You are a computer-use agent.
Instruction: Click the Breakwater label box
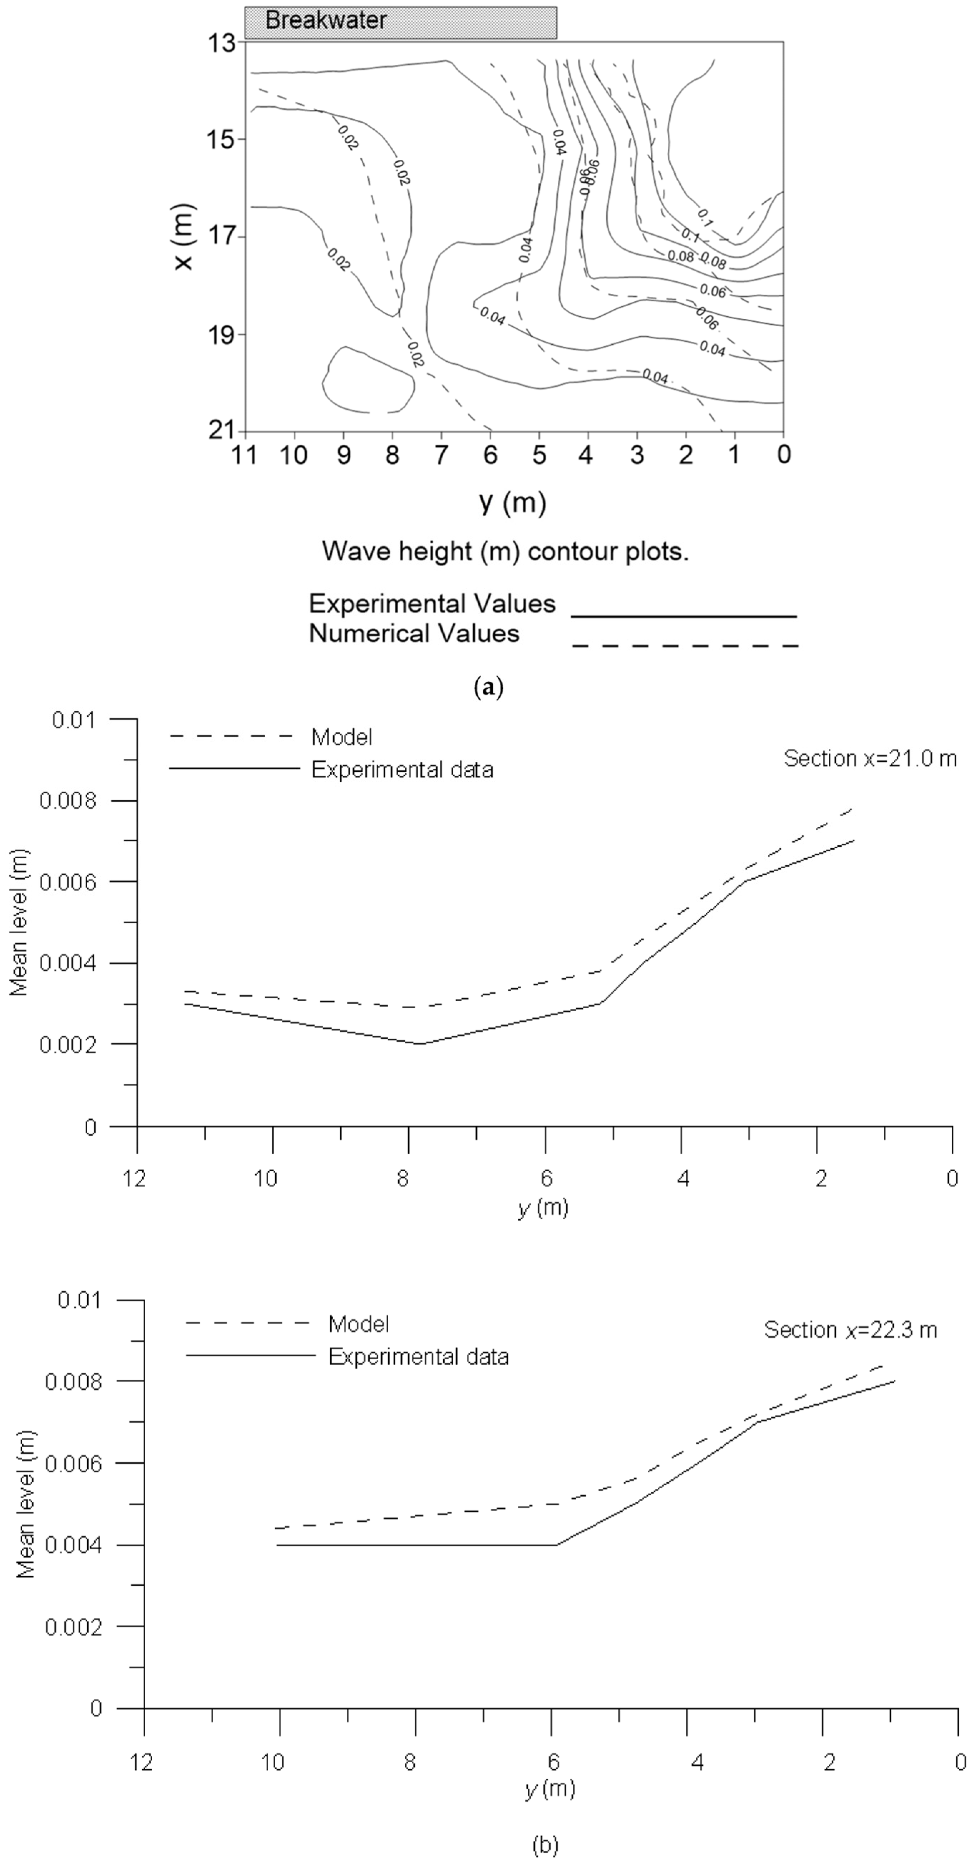[x=400, y=22]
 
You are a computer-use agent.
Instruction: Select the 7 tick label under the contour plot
[x=441, y=455]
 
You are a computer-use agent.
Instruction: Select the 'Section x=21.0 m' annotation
[x=870, y=758]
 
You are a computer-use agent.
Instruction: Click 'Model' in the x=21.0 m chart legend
[x=341, y=738]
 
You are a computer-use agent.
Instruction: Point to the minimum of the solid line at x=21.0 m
[x=420, y=1044]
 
